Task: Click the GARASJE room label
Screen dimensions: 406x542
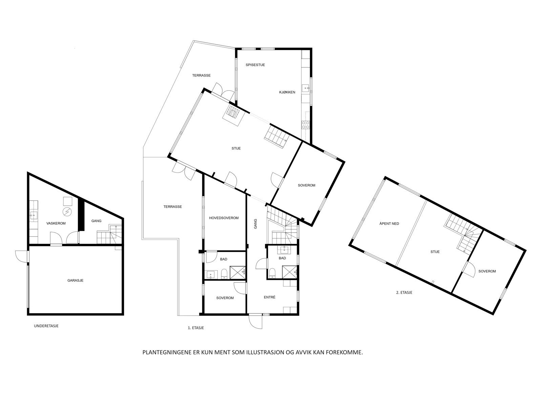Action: coord(75,280)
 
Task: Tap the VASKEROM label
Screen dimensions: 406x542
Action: coord(56,223)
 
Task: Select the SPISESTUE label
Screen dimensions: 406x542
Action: coord(255,65)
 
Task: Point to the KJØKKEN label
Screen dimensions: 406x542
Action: coord(287,92)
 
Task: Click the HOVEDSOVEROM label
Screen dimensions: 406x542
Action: coord(224,218)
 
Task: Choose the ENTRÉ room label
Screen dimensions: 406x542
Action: coord(270,297)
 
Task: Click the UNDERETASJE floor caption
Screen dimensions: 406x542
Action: coord(49,326)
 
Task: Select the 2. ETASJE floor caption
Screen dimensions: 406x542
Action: coord(404,293)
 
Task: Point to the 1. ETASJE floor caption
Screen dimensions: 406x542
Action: coord(196,328)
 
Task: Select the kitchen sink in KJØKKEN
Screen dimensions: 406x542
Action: coord(305,89)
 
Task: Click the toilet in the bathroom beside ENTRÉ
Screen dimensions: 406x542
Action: coord(272,273)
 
